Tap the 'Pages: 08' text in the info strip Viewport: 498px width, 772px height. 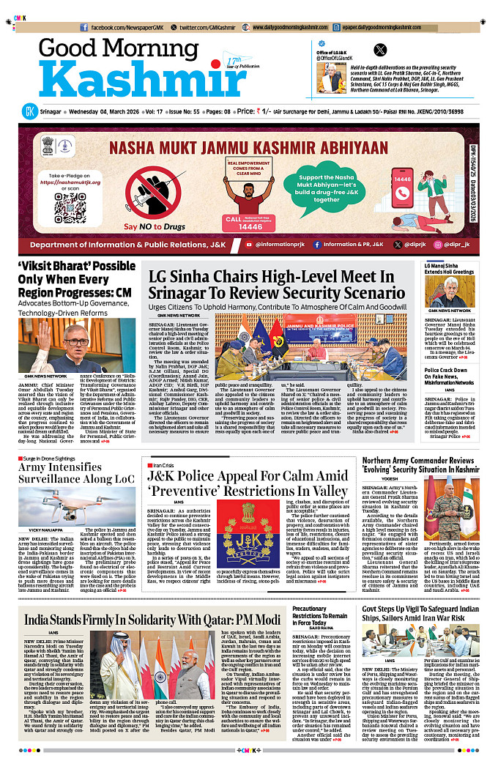coord(217,111)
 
